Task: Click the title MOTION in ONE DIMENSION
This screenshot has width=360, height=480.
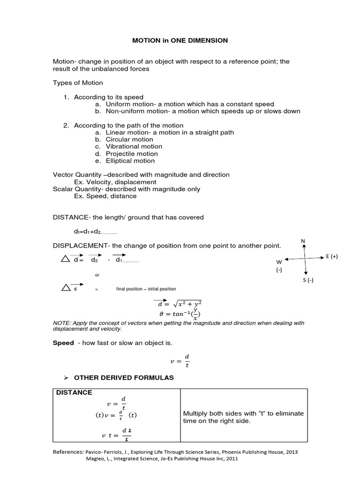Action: (x=180, y=41)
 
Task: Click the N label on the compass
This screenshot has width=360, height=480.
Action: (x=303, y=241)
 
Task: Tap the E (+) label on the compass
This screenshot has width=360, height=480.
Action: (x=331, y=256)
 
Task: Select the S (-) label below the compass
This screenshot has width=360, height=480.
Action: (x=307, y=280)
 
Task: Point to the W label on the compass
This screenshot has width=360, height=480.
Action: (x=279, y=262)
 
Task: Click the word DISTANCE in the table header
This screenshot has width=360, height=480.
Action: (x=75, y=392)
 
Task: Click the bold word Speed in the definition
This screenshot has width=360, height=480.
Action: (x=63, y=343)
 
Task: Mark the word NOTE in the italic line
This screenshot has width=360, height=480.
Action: (x=61, y=323)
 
